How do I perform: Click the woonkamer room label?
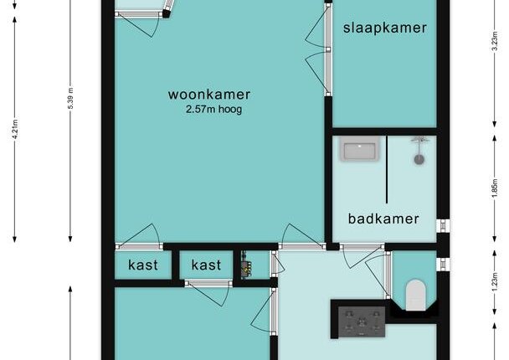pyautogui.click(x=209, y=95)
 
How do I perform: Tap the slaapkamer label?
pyautogui.click(x=385, y=28)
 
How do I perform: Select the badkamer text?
pyautogui.click(x=383, y=219)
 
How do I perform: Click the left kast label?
pyautogui.click(x=143, y=265)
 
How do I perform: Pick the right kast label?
pyautogui.click(x=206, y=265)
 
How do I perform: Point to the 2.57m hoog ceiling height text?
pyautogui.click(x=214, y=110)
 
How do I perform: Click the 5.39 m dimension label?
pyautogui.click(x=70, y=98)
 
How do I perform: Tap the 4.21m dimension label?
pyautogui.click(x=14, y=130)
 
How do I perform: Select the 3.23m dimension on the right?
pyautogui.click(x=495, y=41)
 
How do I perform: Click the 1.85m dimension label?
pyautogui.click(x=495, y=188)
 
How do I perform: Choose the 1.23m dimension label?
pyautogui.click(x=495, y=282)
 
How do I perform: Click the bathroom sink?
pyautogui.click(x=360, y=149)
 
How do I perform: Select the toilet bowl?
pyautogui.click(x=415, y=295)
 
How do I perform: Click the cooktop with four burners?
pyautogui.click(x=362, y=322)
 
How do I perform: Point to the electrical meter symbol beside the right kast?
pyautogui.click(x=246, y=265)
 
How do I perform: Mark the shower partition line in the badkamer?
pyautogui.click(x=387, y=169)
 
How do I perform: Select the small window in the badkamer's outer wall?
pyautogui.click(x=443, y=226)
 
